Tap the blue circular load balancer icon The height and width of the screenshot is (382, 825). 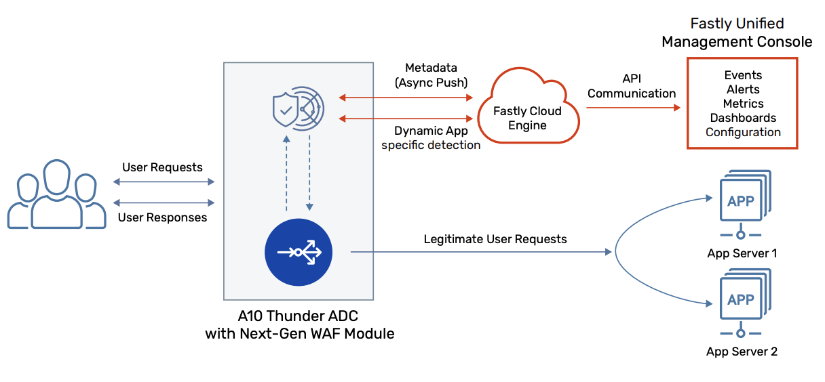pyautogui.click(x=298, y=252)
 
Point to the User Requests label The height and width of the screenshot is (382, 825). pyautogui.click(x=162, y=167)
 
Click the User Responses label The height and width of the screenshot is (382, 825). pyautogui.click(x=162, y=217)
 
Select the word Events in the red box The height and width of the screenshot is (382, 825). pyautogui.click(x=743, y=75)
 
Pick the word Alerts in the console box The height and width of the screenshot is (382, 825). pyautogui.click(x=743, y=89)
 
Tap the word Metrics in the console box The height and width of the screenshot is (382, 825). pyautogui.click(x=743, y=104)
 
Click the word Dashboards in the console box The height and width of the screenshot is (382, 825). pyautogui.click(x=743, y=118)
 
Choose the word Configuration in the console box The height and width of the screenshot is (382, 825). pyautogui.click(x=743, y=132)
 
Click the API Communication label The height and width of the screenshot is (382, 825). pyautogui.click(x=631, y=86)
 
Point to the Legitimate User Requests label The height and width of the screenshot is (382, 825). pyautogui.click(x=495, y=239)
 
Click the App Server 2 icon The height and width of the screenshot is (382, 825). pyautogui.click(x=741, y=302)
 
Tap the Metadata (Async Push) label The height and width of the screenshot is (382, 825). pyautogui.click(x=431, y=75)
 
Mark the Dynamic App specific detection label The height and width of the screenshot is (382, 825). pyautogui.click(x=431, y=137)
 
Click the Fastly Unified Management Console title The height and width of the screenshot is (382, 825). pyautogui.click(x=737, y=33)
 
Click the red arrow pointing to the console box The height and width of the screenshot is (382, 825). pyautogui.click(x=631, y=108)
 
